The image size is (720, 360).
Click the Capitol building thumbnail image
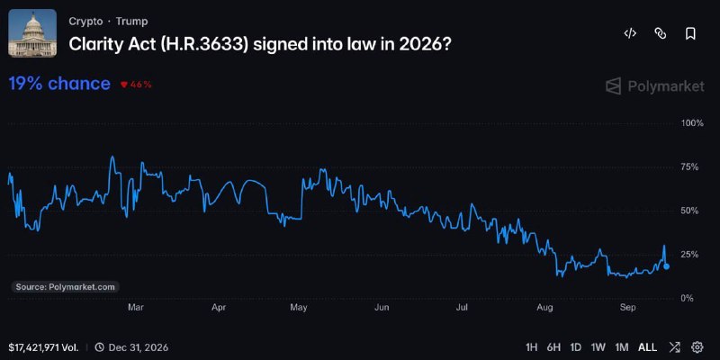(x=32, y=33)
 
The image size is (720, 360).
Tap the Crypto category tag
(x=85, y=21)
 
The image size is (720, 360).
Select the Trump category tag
(x=131, y=21)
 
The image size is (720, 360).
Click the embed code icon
(x=630, y=33)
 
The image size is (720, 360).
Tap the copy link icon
(x=661, y=33)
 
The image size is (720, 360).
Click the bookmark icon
(x=690, y=33)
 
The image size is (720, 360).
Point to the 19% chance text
(x=59, y=84)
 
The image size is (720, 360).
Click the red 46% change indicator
(x=136, y=85)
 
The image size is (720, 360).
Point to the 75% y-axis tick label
(x=688, y=167)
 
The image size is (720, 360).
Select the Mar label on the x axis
(x=136, y=308)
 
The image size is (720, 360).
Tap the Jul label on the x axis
(x=462, y=308)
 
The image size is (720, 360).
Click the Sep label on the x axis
(x=627, y=308)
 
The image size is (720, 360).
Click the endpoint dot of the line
(x=666, y=266)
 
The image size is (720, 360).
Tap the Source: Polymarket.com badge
(x=65, y=287)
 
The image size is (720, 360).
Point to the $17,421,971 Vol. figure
(x=43, y=347)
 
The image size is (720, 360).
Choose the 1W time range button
(x=598, y=347)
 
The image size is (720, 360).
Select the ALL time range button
(x=647, y=347)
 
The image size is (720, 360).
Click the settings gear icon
(x=697, y=347)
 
